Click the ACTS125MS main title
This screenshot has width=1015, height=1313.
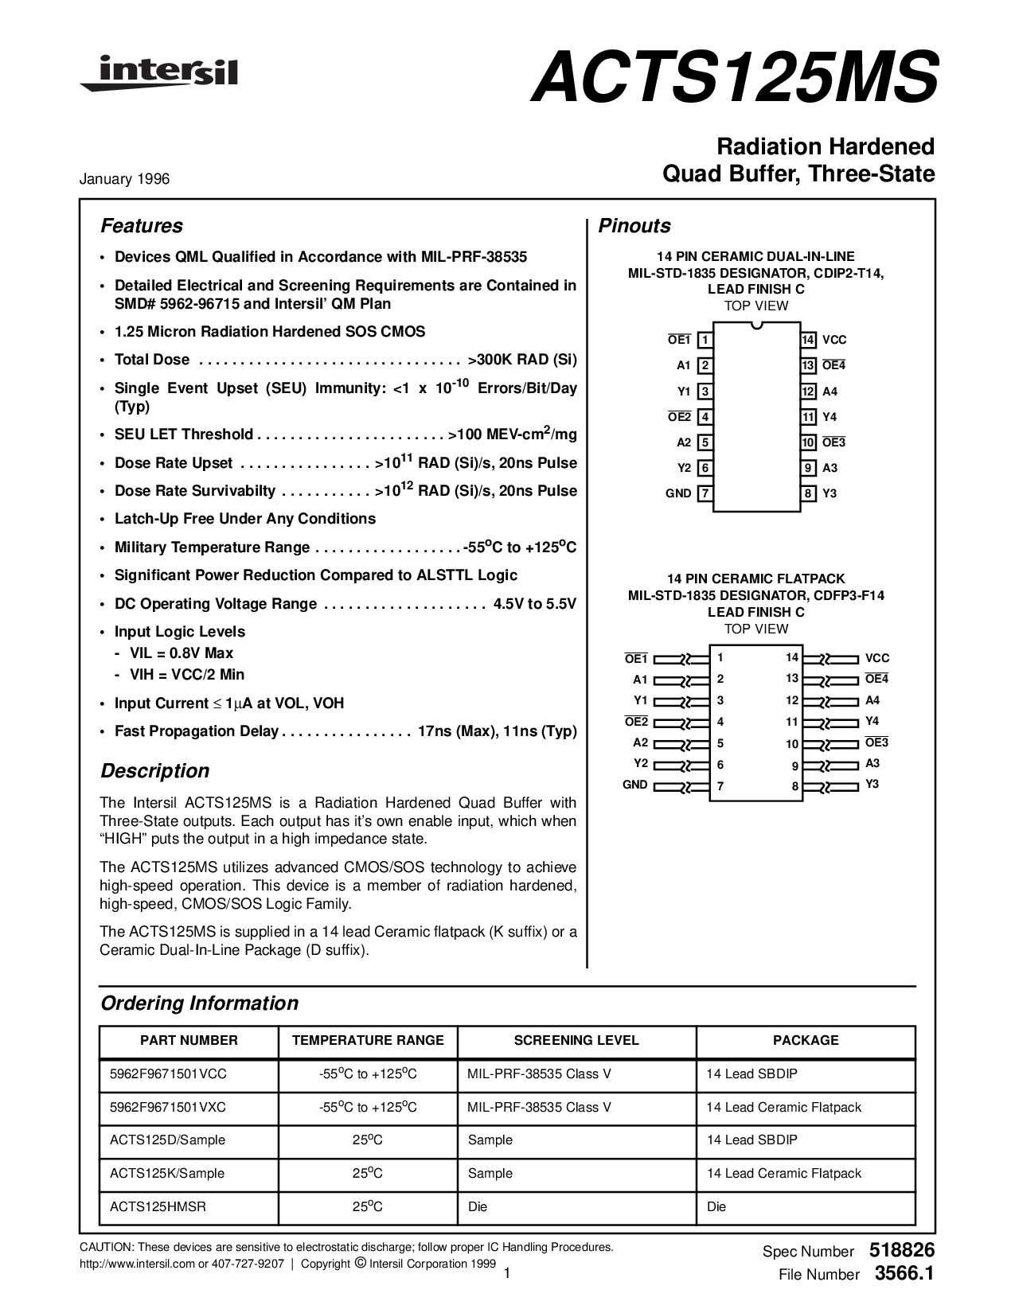[x=734, y=78]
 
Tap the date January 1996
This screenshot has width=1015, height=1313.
[x=124, y=179]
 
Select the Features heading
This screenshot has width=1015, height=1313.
[x=142, y=226]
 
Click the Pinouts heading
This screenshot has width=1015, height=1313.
[x=634, y=226]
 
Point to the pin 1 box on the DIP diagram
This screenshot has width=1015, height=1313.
[x=705, y=341]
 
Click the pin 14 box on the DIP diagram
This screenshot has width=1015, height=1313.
[x=808, y=341]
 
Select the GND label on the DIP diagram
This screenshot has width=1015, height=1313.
[x=678, y=493]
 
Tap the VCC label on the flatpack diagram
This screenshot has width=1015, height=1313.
[x=877, y=658]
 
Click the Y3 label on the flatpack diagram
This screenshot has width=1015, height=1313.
[x=873, y=784]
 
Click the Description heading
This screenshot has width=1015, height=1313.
[x=154, y=771]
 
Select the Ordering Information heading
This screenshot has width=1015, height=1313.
[x=199, y=1003]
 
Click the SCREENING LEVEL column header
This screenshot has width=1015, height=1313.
[x=576, y=1040]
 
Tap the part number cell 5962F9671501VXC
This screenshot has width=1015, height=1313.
[x=168, y=1107]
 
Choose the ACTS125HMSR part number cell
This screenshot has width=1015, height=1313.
[x=158, y=1206]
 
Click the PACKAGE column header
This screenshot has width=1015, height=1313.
[x=806, y=1040]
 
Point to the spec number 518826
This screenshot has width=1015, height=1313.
[x=902, y=1250]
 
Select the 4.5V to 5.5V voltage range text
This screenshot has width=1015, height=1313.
[x=534, y=604]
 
